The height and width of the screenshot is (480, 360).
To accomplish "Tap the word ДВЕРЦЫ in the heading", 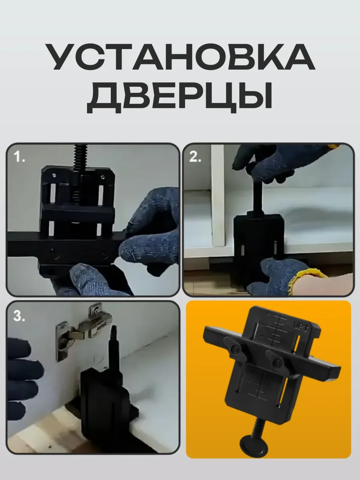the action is point(180,98).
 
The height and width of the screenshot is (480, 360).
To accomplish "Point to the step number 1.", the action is point(19,157).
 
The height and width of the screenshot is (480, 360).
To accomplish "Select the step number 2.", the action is point(195,156).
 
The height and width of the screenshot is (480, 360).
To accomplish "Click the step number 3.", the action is point(19,316).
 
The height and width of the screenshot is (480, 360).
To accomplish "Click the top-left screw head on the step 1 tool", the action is point(54,175).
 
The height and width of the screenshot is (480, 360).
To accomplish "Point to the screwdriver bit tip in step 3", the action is point(114,327).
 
